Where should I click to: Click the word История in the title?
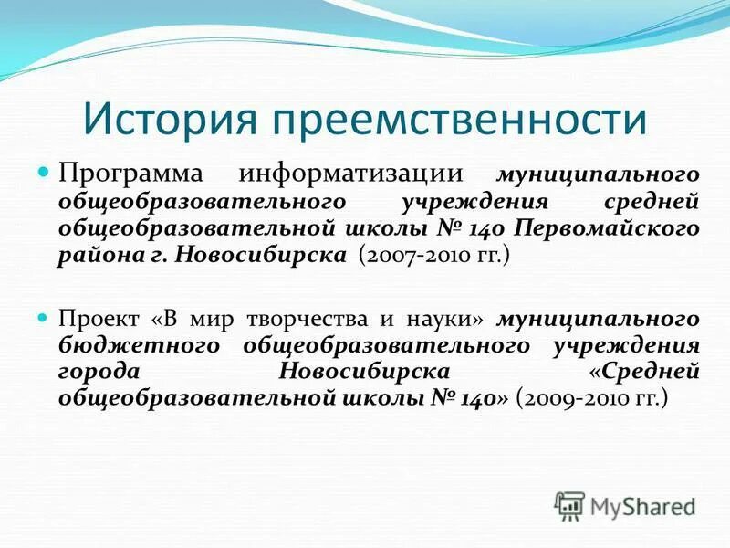pos(165,120)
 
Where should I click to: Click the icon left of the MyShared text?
pos(570,505)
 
